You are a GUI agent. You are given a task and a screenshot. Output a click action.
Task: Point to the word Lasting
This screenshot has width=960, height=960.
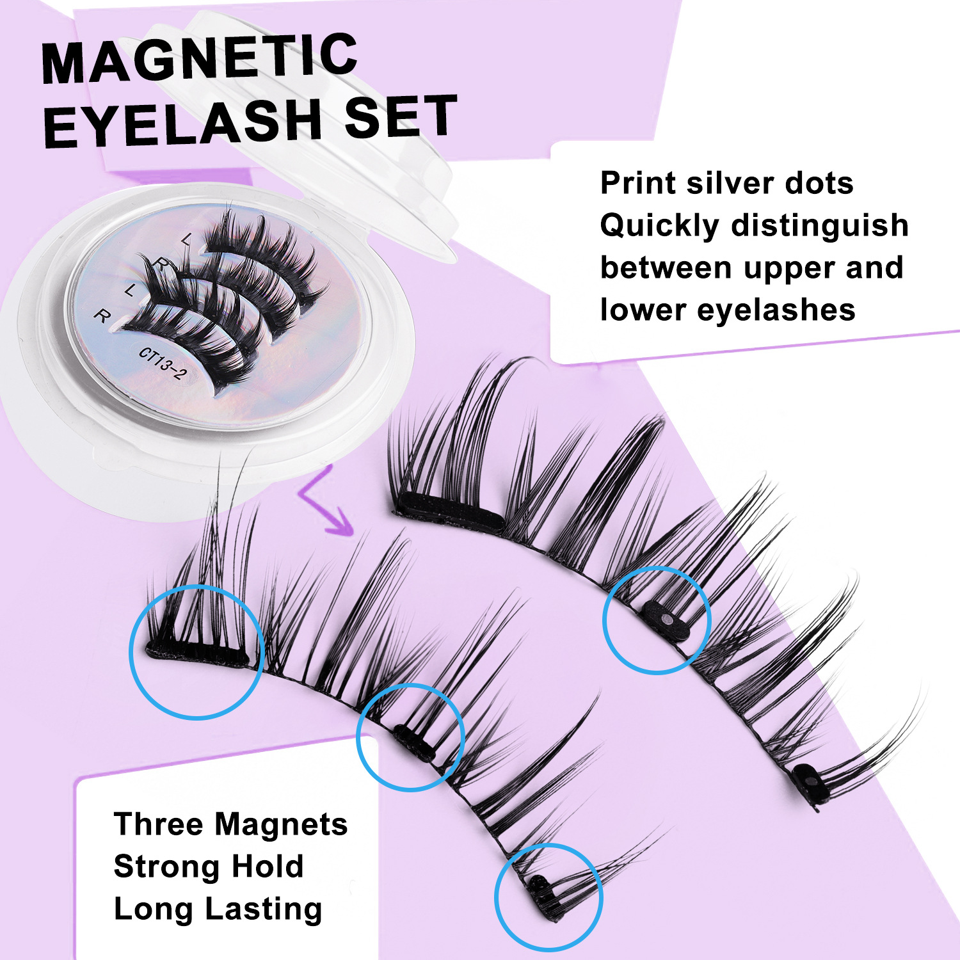pos(263,909)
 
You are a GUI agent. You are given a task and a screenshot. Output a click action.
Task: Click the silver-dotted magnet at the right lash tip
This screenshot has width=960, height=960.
pos(812,781)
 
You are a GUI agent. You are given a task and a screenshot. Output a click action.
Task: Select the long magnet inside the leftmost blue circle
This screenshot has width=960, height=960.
pos(198,655)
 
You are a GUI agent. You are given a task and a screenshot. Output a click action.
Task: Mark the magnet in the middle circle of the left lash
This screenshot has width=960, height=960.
pos(414,743)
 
